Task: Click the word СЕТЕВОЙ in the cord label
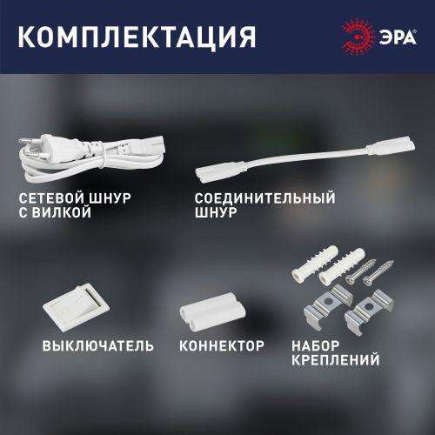46,198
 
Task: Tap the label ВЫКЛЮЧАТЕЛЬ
97,345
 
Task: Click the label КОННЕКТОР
220,345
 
